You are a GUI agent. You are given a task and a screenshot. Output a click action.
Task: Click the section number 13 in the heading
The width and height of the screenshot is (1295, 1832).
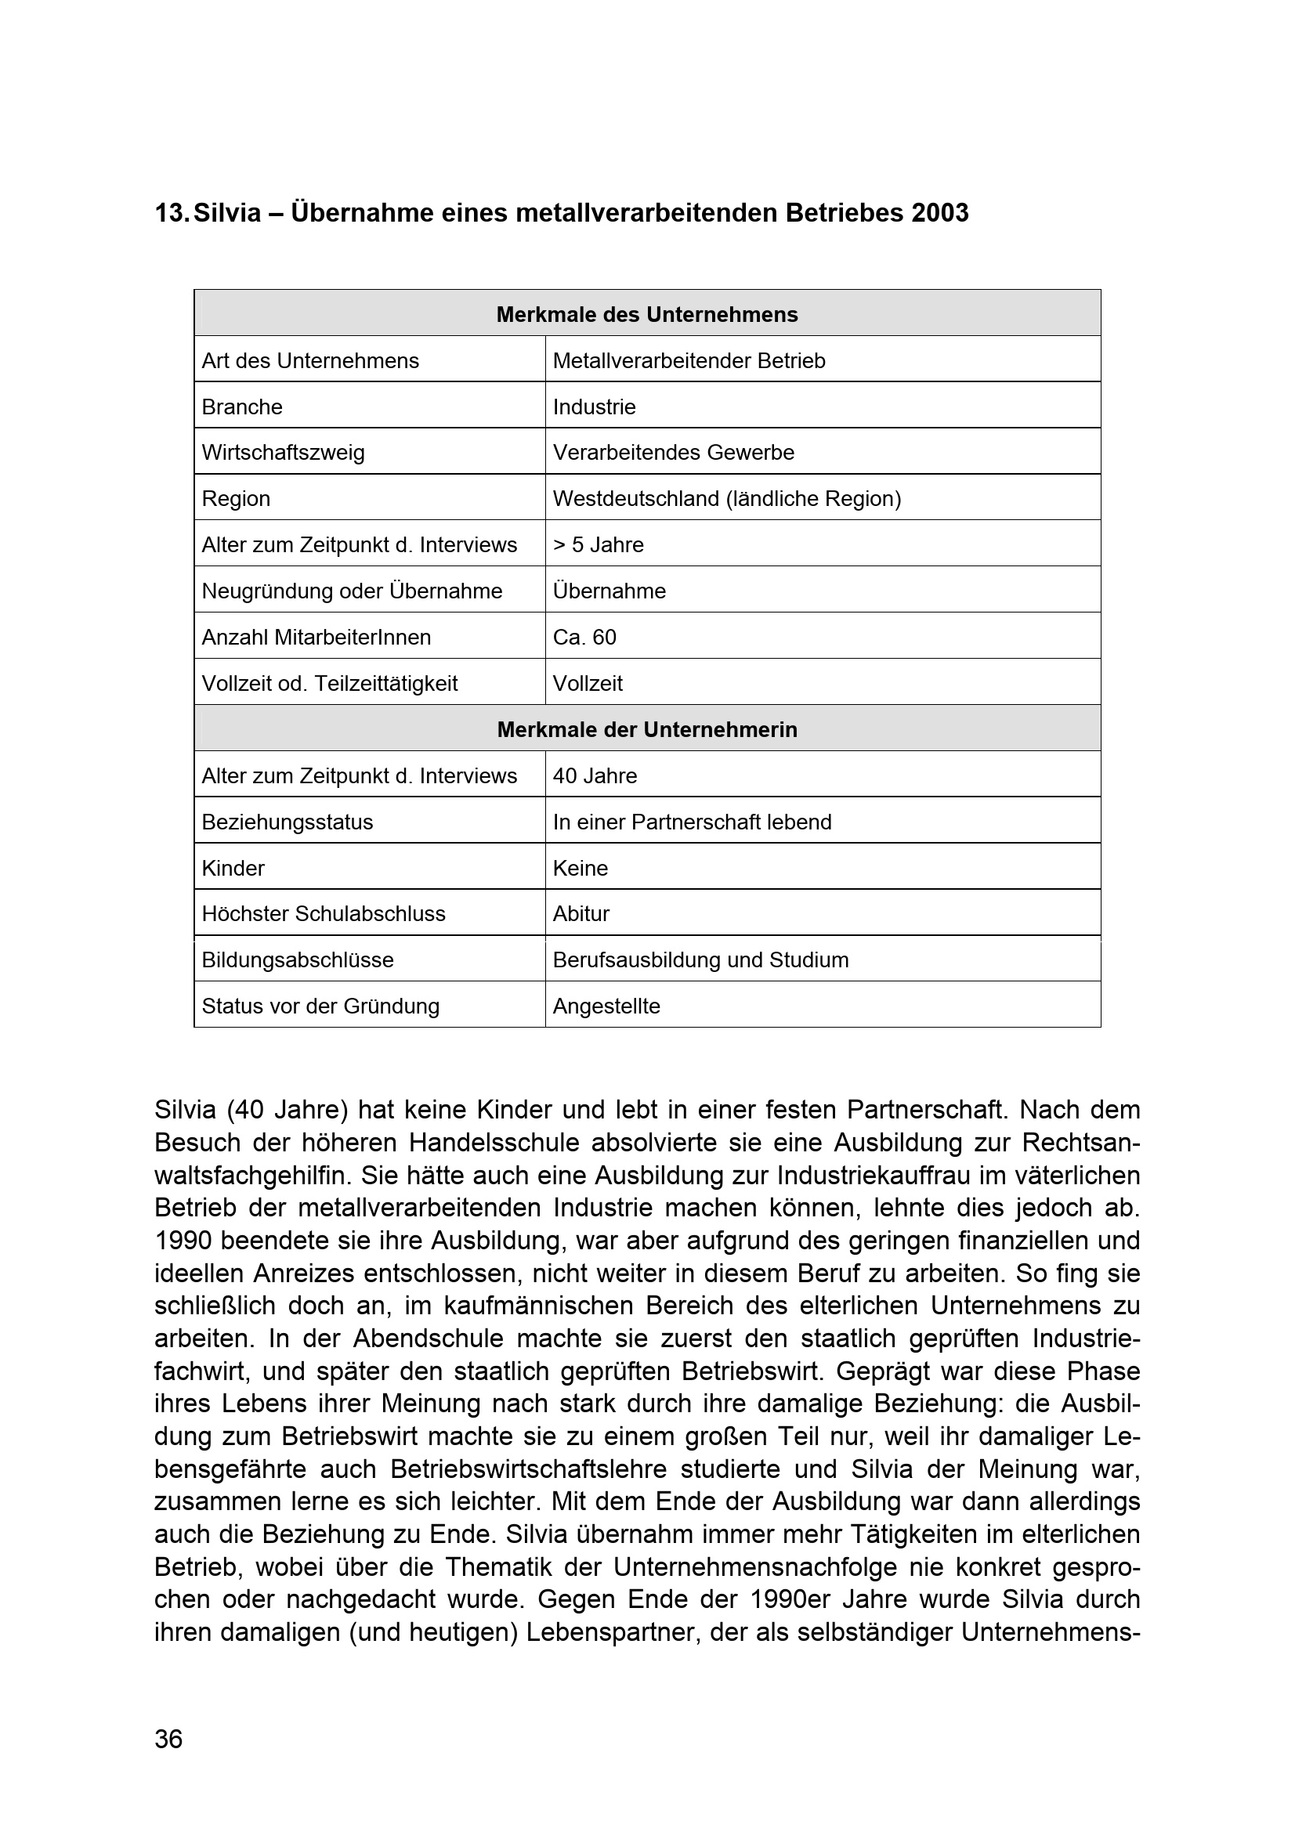170,213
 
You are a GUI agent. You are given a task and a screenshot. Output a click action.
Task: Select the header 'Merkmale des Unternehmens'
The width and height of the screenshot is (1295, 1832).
646,314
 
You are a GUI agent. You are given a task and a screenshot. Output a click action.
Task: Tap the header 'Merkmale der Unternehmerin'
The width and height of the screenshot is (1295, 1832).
646,729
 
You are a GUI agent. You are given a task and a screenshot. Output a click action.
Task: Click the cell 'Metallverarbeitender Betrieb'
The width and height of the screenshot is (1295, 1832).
689,360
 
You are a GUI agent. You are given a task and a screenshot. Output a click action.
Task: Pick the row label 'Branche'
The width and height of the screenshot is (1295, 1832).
242,407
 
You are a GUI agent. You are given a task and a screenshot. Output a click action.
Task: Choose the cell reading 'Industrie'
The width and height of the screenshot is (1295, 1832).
594,407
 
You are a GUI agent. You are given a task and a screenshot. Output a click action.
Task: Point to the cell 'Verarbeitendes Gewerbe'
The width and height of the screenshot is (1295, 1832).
674,453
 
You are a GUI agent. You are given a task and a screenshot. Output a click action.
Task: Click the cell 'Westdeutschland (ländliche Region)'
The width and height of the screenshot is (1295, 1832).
726,499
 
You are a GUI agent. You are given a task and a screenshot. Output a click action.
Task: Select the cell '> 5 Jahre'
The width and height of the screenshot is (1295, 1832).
598,545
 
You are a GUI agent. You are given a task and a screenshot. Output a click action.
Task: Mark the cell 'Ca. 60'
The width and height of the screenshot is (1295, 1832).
584,638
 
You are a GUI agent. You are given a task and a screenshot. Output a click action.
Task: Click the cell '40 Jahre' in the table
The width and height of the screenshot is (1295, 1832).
595,775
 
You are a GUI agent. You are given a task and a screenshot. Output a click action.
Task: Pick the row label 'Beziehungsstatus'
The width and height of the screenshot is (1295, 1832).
288,822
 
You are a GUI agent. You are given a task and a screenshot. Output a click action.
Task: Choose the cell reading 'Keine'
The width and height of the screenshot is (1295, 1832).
580,868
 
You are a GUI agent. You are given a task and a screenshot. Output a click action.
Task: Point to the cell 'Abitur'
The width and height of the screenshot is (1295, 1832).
581,913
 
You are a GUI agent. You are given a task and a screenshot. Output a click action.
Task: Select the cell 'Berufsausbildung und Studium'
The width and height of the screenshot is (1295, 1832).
700,960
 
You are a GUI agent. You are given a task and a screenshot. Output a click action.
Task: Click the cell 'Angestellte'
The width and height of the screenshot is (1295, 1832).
606,1006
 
